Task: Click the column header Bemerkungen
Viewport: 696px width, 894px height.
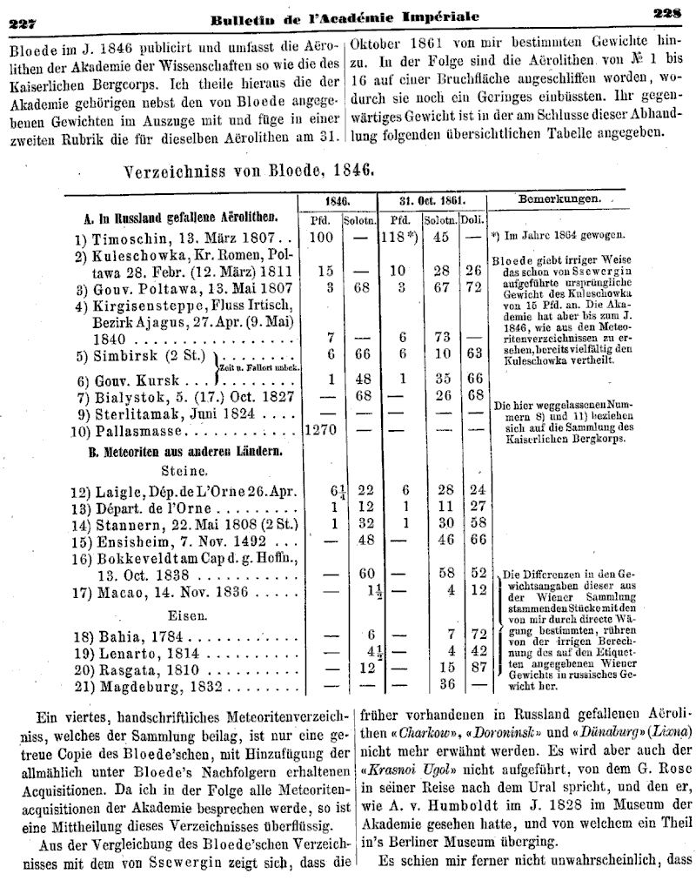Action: [x=559, y=198]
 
